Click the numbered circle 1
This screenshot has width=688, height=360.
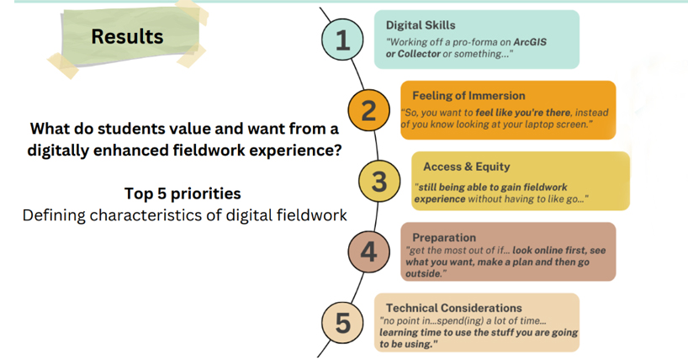(342, 40)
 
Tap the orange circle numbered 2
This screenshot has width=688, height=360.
(368, 110)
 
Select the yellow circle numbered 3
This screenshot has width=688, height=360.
(379, 182)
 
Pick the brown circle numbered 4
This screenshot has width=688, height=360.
(368, 252)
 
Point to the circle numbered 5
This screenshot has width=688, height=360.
(342, 323)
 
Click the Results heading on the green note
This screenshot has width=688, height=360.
(127, 36)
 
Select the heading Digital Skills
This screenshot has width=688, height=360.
(421, 25)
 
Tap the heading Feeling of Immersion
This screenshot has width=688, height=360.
(468, 96)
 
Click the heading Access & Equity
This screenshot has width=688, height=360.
(467, 167)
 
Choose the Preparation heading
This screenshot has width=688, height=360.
(444, 237)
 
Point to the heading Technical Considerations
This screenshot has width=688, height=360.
(453, 308)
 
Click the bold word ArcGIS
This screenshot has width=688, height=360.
(530, 42)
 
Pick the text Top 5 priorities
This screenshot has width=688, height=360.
(183, 193)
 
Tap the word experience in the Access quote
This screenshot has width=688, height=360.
(440, 199)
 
